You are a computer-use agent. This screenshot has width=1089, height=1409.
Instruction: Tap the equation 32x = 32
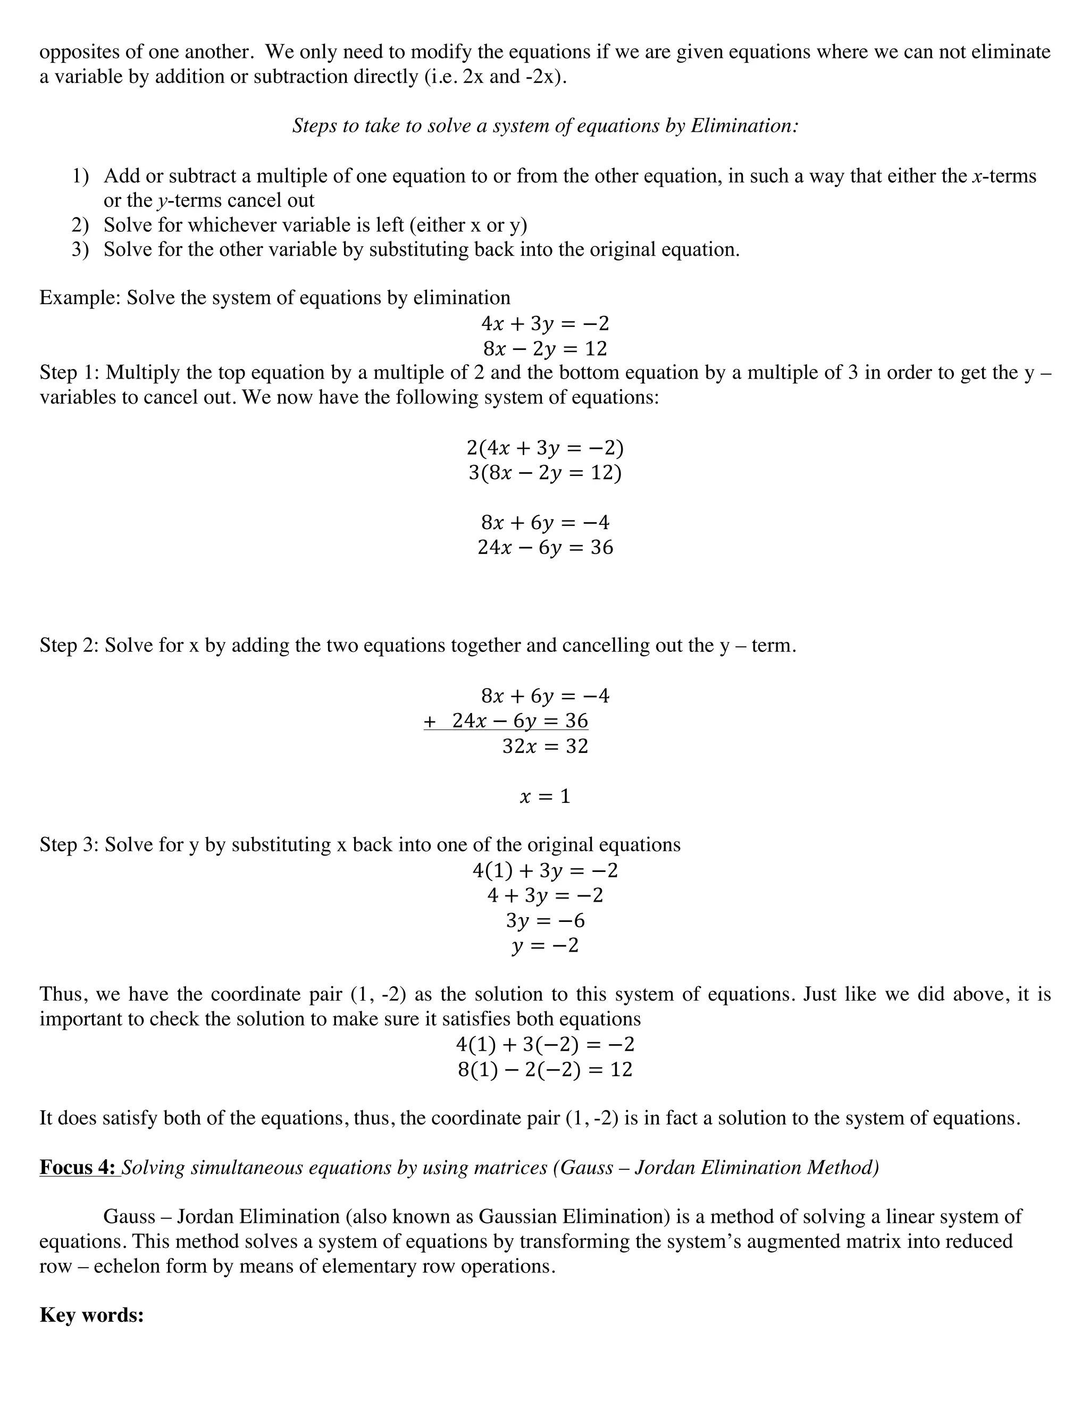click(545, 747)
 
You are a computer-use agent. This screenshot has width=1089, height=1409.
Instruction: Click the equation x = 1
click(545, 797)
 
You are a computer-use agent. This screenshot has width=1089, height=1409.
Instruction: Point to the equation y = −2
click(545, 946)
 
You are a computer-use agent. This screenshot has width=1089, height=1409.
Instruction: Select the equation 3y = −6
click(545, 920)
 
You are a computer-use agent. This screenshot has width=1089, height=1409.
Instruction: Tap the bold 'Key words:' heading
click(91, 1315)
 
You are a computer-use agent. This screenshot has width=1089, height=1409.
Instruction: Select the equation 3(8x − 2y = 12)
click(545, 473)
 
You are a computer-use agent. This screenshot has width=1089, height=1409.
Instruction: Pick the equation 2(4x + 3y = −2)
click(545, 448)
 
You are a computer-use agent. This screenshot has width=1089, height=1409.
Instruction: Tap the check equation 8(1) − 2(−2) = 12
click(545, 1070)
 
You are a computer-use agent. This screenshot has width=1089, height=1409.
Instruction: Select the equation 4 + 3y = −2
click(545, 895)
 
